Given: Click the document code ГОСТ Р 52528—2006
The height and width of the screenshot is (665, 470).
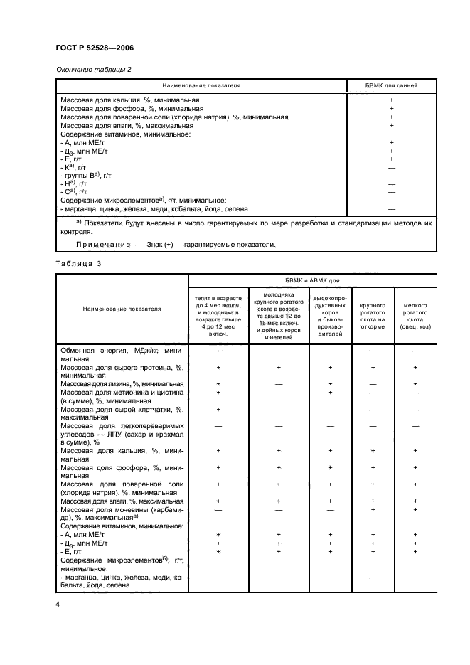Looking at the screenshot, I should pyautogui.click(x=94, y=48).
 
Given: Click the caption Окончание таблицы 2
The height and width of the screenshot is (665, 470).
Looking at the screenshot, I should pyautogui.click(x=92, y=69).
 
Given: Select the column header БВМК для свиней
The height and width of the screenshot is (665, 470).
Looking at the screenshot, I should pyautogui.click(x=391, y=85).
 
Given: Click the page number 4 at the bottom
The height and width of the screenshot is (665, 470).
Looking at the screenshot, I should pyautogui.click(x=58, y=604).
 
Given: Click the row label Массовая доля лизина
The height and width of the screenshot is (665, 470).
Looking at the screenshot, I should pyautogui.click(x=122, y=383).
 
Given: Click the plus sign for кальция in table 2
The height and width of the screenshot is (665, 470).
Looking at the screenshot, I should pyautogui.click(x=391, y=100).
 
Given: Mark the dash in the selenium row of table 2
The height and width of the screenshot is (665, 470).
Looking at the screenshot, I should pyautogui.click(x=391, y=209).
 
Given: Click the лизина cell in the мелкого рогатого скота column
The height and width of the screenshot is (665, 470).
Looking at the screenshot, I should pyautogui.click(x=415, y=384).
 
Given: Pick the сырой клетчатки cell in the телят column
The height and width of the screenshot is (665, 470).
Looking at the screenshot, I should pyautogui.click(x=219, y=410).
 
